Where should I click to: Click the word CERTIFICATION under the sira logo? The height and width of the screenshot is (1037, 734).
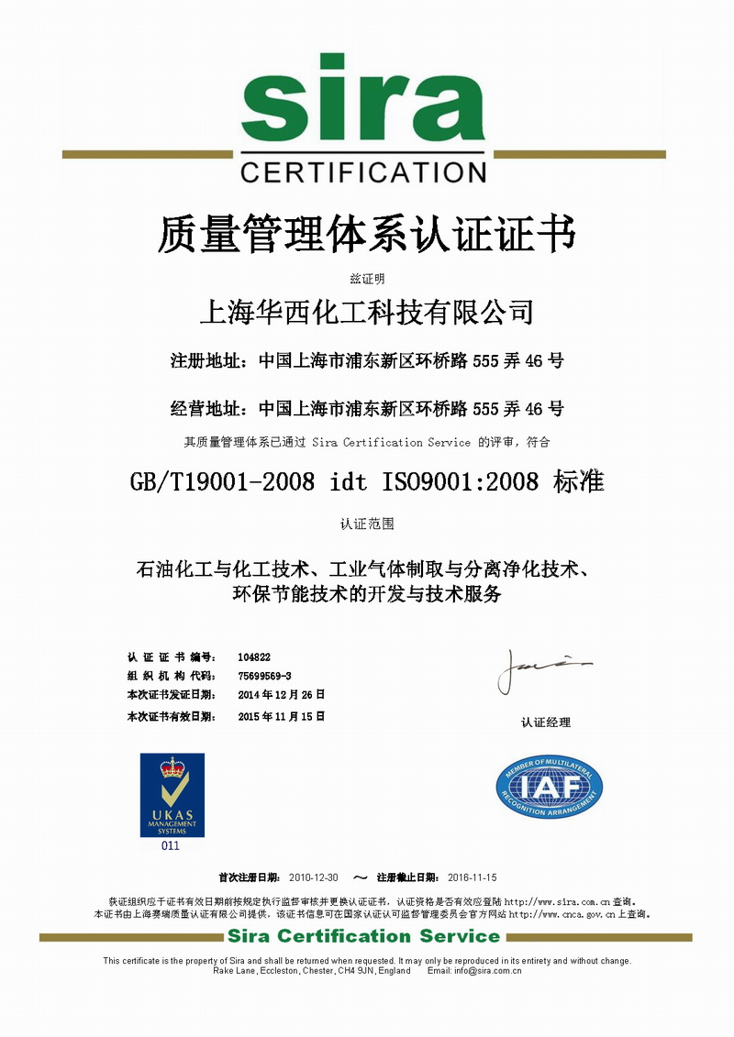click(x=362, y=171)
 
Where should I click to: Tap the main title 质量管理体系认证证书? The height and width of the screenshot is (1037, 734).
click(x=366, y=233)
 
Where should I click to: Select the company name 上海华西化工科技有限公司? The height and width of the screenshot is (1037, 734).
click(x=366, y=313)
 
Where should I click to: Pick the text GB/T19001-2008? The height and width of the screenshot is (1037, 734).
click(x=224, y=481)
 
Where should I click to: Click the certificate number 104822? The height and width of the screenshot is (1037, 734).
click(x=254, y=656)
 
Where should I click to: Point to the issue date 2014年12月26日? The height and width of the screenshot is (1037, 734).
click(x=281, y=694)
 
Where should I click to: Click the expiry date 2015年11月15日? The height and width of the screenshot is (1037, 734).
click(x=281, y=716)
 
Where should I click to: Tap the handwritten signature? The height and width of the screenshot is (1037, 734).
click(x=541, y=669)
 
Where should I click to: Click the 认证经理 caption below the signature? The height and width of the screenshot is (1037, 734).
click(x=546, y=723)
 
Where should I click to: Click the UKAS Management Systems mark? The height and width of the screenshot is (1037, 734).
click(x=172, y=795)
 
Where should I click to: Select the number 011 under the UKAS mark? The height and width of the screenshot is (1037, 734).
click(x=171, y=846)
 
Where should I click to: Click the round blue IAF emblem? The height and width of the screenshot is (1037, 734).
click(x=549, y=788)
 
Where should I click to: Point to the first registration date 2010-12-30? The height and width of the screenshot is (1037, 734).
click(x=314, y=877)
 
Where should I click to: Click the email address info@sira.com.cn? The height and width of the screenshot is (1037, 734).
click(x=488, y=970)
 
